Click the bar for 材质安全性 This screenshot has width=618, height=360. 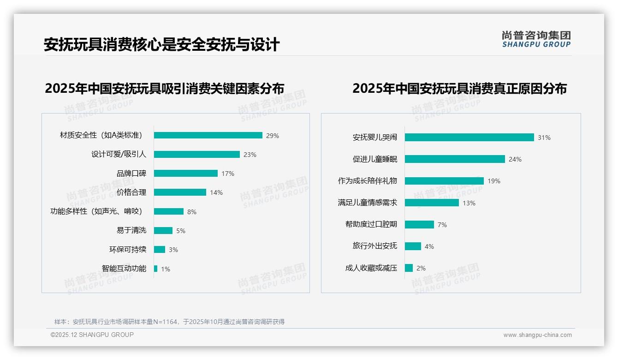click(x=208, y=135)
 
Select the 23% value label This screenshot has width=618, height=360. click(x=250, y=155)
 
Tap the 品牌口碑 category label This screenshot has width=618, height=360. click(x=131, y=174)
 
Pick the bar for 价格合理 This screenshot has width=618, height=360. click(x=180, y=192)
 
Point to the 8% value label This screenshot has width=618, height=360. click(x=191, y=212)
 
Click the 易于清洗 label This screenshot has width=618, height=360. click(x=131, y=230)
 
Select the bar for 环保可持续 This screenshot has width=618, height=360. click(x=160, y=249)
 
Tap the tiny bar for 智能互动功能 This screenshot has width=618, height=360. click(x=156, y=269)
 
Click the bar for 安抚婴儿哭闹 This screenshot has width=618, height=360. click(x=469, y=137)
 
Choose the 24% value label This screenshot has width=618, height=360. click(x=515, y=159)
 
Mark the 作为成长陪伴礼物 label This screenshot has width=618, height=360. click(x=367, y=181)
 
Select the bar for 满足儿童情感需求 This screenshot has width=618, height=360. click(x=432, y=203)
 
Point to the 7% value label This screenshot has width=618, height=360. click(x=442, y=225)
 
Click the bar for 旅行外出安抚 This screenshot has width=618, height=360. click(x=413, y=246)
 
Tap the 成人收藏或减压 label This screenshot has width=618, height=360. click(x=371, y=268)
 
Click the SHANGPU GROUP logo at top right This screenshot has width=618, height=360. click(x=536, y=39)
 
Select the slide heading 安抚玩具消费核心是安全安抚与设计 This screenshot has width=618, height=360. click(x=161, y=45)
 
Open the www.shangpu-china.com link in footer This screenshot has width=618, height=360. click(x=537, y=335)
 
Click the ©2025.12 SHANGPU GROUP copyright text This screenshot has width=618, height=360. click(x=92, y=335)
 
